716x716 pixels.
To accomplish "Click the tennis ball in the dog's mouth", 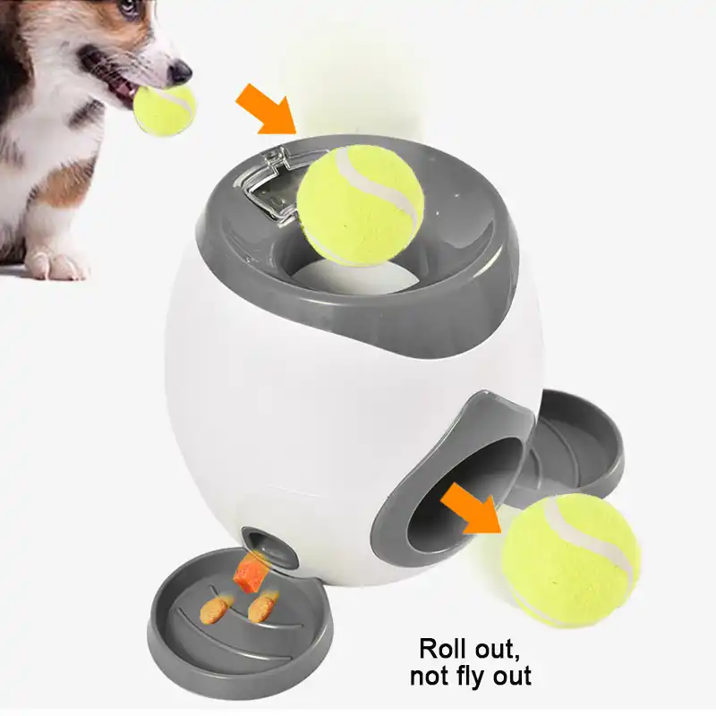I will click(164, 109).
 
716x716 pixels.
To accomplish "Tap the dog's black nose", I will click(179, 72).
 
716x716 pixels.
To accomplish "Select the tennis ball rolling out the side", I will click(570, 559).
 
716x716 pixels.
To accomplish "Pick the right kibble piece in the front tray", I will click(261, 609).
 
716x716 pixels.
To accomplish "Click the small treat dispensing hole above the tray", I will click(260, 541).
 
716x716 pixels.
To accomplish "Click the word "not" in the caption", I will click(429, 676).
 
